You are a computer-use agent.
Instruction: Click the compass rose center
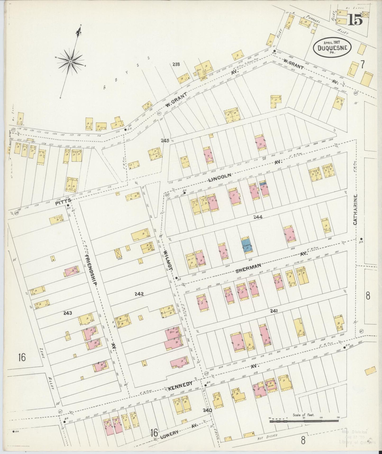click(71, 61)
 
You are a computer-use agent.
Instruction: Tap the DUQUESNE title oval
click(332, 48)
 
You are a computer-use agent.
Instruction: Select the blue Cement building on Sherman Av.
click(246, 245)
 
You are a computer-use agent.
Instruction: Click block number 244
click(257, 217)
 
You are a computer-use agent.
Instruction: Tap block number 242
click(139, 294)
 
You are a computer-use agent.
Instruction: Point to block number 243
click(68, 313)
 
